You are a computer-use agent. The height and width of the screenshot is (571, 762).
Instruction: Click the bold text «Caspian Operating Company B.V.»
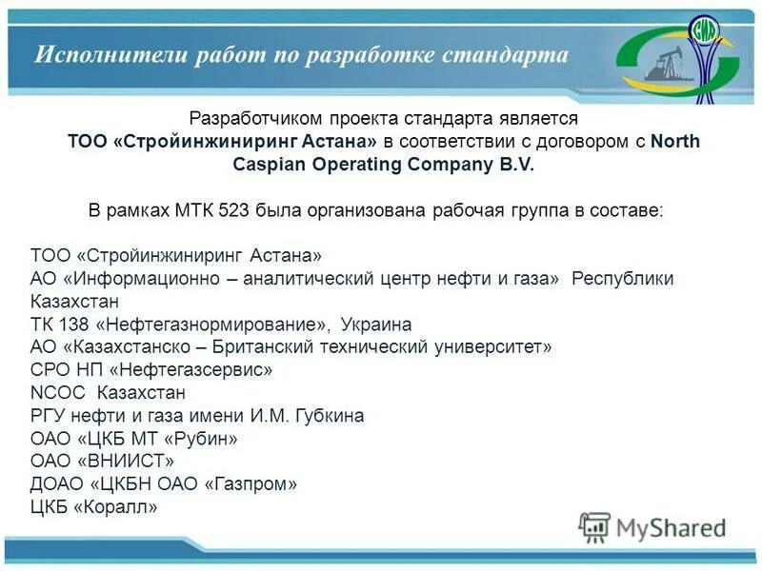tap(384, 164)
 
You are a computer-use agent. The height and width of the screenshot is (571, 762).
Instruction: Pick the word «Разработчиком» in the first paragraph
tap(256, 119)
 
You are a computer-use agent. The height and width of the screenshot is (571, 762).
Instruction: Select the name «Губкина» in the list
tap(331, 416)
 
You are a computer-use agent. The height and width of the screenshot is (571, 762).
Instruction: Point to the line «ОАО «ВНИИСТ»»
tap(103, 462)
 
